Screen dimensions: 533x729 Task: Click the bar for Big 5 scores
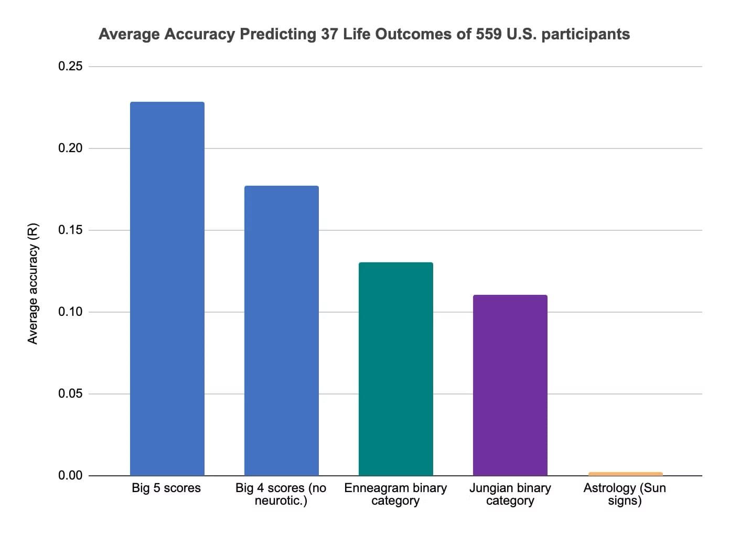[167, 289]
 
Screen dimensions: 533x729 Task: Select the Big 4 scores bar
[281, 331]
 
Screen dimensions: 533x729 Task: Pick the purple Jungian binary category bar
[510, 385]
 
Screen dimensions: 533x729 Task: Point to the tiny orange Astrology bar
[625, 474]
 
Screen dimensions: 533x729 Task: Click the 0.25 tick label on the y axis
[70, 67]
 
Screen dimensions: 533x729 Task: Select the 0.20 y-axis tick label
[70, 148]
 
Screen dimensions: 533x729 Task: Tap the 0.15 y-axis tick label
[70, 230]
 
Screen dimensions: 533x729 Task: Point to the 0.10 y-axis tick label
[70, 312]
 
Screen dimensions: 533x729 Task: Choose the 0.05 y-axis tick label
[70, 394]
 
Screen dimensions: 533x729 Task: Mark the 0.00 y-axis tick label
[70, 475]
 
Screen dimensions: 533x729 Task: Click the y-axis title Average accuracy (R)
[33, 284]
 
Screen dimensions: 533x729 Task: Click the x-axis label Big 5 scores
[166, 488]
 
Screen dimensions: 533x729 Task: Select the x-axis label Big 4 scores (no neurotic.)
[281, 494]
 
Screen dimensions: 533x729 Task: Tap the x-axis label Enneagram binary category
[395, 494]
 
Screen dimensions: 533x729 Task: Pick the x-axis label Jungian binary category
[510, 494]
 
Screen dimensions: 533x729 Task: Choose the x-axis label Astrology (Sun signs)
[625, 494]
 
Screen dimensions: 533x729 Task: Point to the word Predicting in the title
[277, 35]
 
